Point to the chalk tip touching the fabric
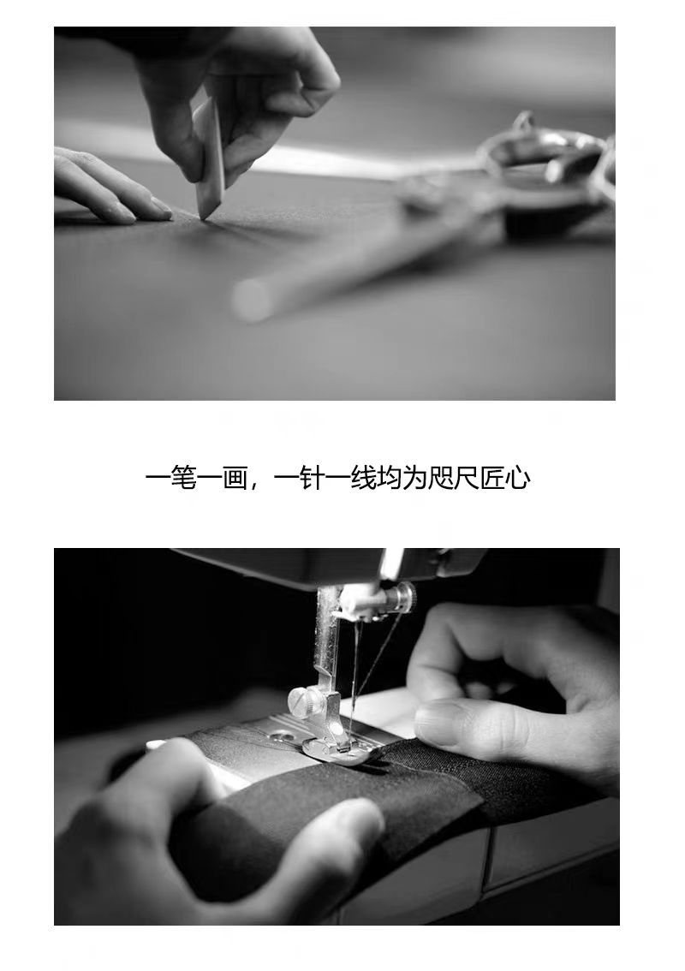(203, 217)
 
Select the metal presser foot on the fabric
(338, 747)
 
